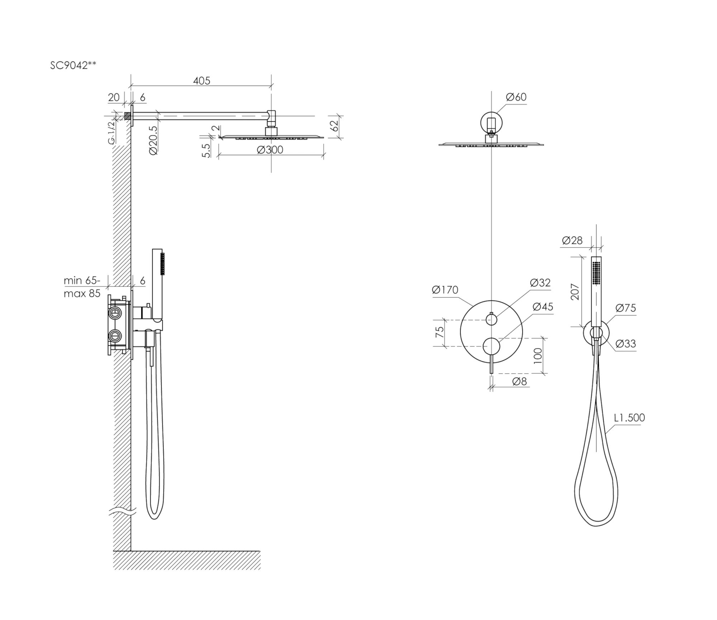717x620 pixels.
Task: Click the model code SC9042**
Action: coord(73,65)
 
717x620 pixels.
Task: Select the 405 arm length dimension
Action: coord(201,81)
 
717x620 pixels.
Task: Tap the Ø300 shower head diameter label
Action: coord(270,150)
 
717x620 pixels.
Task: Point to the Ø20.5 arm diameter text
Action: coord(153,140)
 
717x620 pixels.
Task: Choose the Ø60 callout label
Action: coord(516,97)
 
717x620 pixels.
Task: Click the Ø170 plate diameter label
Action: coord(445,290)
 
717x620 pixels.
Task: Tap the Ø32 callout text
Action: coord(540,283)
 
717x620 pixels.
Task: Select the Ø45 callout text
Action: coord(543,307)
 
